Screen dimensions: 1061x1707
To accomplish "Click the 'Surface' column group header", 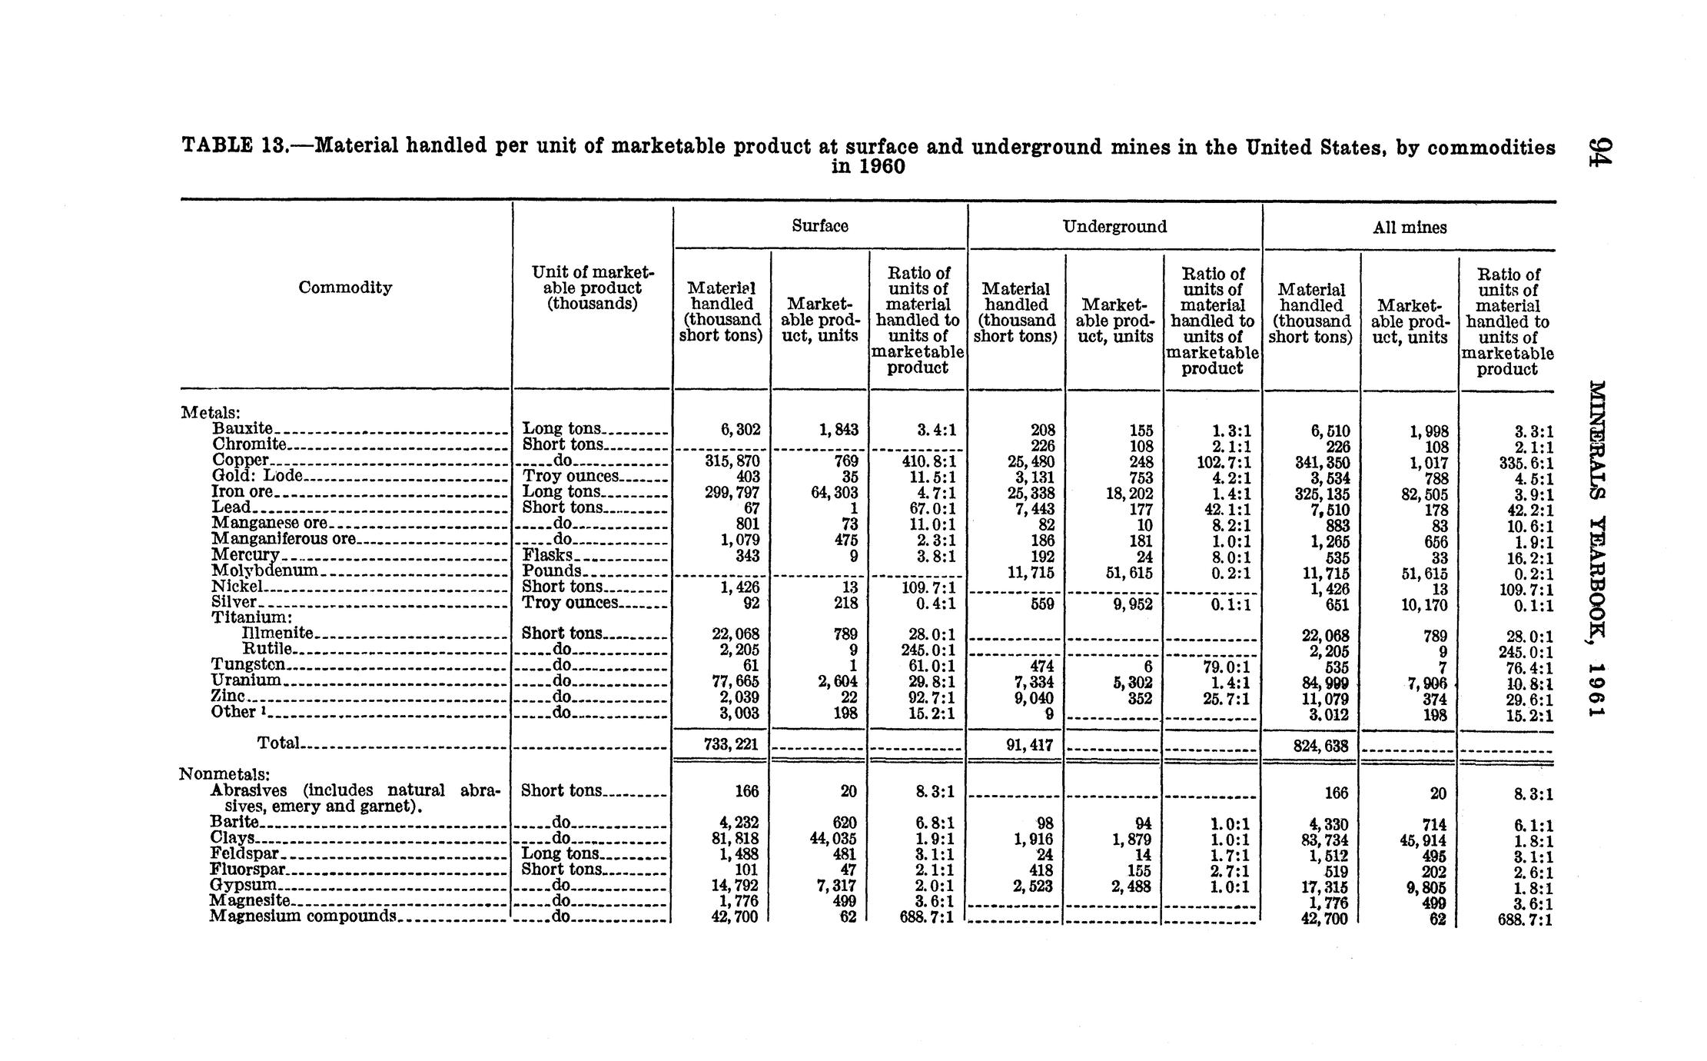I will tap(819, 226).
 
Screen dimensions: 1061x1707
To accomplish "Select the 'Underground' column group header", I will tap(1114, 226).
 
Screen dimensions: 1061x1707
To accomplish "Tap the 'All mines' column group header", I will tap(1410, 228).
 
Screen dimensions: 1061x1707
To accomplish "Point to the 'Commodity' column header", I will tap(345, 288).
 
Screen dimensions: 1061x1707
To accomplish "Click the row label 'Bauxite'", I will tap(242, 428).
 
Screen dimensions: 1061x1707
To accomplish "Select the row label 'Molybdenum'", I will tap(264, 570).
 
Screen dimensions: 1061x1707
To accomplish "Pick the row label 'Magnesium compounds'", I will tap(303, 916).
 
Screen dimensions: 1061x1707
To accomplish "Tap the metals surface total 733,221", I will tap(731, 744).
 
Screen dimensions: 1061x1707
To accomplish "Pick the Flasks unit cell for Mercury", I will tap(547, 555).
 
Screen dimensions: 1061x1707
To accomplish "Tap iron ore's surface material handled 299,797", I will tap(732, 492).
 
